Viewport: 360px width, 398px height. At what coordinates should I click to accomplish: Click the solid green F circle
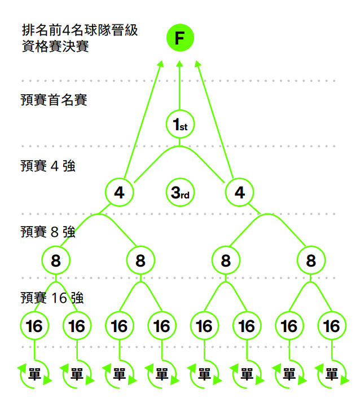(x=180, y=38)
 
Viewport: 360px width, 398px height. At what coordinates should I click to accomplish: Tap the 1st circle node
(x=180, y=125)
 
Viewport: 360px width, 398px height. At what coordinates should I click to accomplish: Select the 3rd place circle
(x=180, y=193)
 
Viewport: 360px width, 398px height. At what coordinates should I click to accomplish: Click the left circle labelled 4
(x=119, y=193)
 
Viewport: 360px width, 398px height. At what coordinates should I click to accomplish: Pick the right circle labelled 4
(x=240, y=193)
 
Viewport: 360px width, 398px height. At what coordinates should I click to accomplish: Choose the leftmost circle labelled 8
(x=56, y=260)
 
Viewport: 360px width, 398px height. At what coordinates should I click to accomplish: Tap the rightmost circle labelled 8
(x=311, y=260)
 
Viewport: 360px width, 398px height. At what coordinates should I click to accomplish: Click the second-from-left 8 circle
(x=141, y=260)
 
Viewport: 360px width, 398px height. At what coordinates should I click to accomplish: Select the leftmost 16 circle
(x=34, y=326)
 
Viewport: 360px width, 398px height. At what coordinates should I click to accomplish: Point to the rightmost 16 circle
(x=332, y=326)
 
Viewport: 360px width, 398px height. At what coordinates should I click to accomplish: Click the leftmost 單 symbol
(x=34, y=374)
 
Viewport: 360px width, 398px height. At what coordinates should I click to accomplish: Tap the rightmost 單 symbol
(x=332, y=374)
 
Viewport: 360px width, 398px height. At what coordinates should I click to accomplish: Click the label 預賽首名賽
(x=54, y=100)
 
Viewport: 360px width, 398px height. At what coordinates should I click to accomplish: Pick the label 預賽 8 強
(x=48, y=232)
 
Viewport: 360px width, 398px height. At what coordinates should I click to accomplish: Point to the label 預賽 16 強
(x=52, y=298)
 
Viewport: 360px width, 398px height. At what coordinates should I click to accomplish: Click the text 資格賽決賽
(x=55, y=46)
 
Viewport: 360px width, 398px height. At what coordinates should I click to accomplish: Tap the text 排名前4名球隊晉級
(x=80, y=30)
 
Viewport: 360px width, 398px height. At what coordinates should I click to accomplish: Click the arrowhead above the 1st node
(x=180, y=64)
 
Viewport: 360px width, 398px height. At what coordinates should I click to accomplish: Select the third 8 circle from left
(x=226, y=260)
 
